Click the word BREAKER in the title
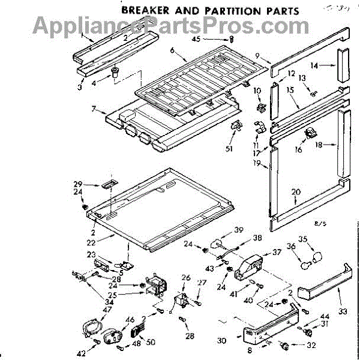(145, 10)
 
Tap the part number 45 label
(212, 40)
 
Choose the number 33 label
(343, 312)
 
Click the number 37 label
(277, 252)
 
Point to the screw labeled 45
(231, 39)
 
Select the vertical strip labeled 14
(344, 64)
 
